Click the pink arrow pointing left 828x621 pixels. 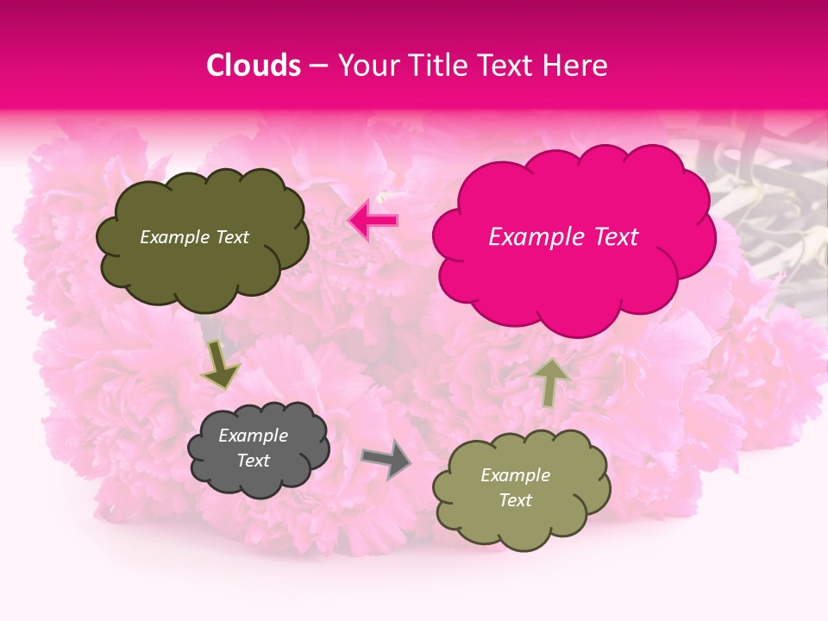point(373,221)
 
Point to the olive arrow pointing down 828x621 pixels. point(220,365)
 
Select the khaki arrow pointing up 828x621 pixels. point(550,382)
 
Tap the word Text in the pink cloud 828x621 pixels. point(613,237)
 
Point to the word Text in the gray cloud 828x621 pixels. point(253,461)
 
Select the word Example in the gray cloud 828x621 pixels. point(253,436)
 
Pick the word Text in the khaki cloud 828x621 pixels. point(515,500)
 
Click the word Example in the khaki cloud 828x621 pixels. point(515,475)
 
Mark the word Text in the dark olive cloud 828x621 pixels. point(231,237)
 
